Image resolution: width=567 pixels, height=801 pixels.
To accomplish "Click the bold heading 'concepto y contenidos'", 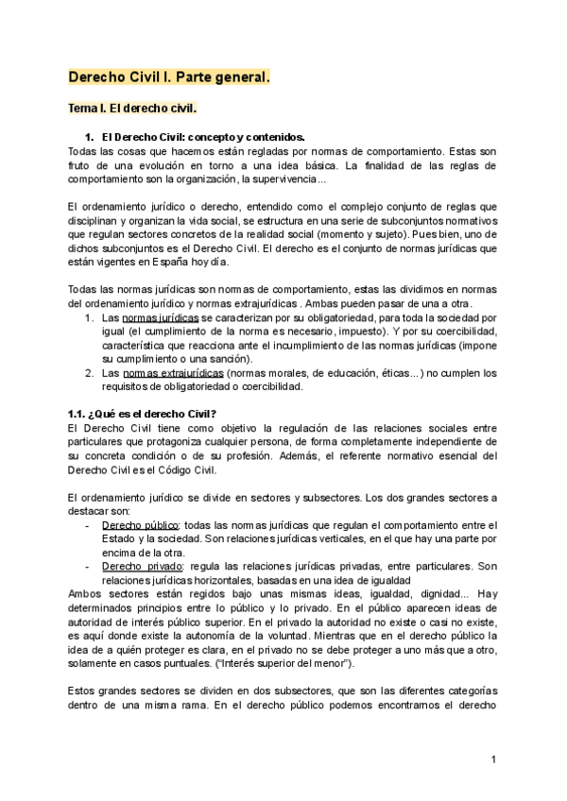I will [265, 137].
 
